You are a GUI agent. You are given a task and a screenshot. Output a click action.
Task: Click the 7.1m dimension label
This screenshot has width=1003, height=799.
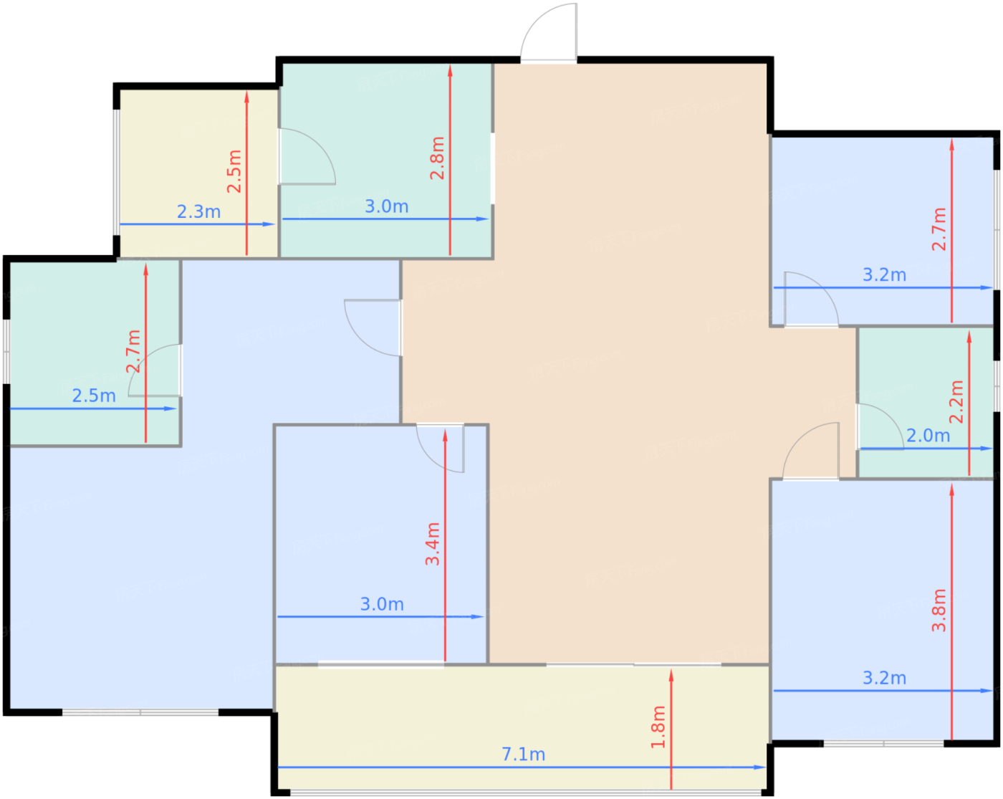[x=523, y=755]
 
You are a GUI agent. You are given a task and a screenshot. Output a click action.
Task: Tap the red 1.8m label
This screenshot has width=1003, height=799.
[x=658, y=727]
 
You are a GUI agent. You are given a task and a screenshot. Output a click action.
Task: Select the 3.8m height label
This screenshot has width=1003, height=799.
[x=939, y=611]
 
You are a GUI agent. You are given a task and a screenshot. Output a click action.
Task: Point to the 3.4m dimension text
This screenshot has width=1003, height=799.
[x=432, y=544]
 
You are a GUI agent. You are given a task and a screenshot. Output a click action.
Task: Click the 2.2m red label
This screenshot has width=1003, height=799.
[x=956, y=402]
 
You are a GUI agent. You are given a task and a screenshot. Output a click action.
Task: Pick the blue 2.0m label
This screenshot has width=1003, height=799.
[x=928, y=436]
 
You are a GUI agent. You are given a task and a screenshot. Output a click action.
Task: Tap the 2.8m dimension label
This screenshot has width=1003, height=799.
[x=437, y=158]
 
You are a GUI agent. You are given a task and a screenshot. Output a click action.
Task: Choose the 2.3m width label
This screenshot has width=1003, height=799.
[x=198, y=211]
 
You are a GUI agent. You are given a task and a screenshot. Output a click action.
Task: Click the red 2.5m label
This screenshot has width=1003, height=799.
[x=234, y=171]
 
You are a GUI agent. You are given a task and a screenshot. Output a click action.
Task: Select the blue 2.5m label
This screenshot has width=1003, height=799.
[x=94, y=396]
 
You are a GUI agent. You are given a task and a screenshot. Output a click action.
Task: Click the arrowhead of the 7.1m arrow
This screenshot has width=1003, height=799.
[x=761, y=767]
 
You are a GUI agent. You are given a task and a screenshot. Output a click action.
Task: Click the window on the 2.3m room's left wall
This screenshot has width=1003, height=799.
[x=116, y=173]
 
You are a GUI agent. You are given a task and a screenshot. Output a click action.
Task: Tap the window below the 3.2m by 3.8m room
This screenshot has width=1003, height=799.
[x=883, y=743]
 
